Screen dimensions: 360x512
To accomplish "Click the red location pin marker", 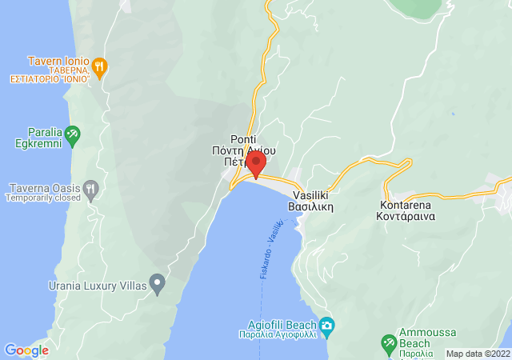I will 256,164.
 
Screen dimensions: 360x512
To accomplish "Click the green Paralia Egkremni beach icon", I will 73,133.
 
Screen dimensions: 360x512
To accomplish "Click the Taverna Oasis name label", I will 45,188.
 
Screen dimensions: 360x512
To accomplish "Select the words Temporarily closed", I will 45,198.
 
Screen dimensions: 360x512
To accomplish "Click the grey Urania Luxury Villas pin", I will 158,282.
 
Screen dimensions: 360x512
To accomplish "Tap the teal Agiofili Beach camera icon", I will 326,325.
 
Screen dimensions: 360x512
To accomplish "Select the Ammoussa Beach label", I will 416,343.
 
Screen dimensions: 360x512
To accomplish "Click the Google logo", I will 26,350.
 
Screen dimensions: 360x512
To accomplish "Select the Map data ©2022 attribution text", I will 477,354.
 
